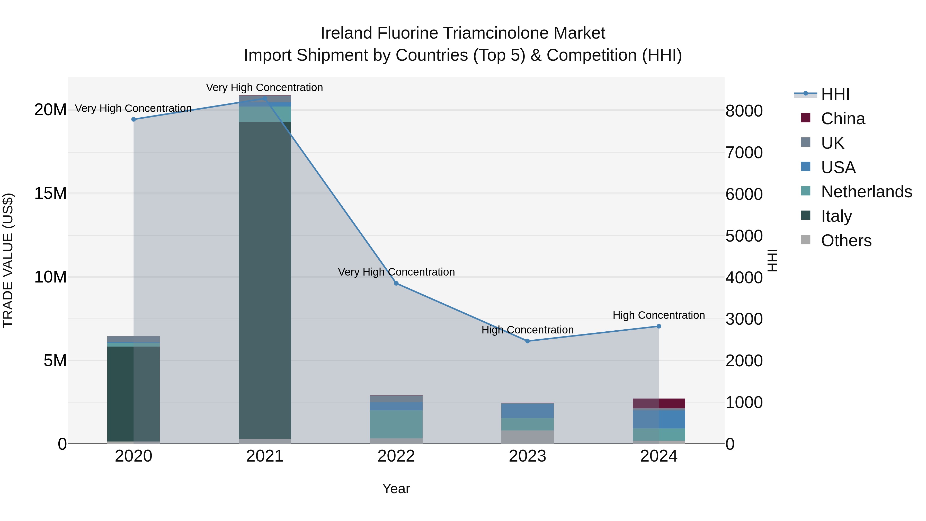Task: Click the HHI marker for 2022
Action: pyautogui.click(x=396, y=283)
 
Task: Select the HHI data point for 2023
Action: pyautogui.click(x=527, y=341)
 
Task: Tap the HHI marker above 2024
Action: pyautogui.click(x=658, y=326)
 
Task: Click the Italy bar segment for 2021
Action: pyautogui.click(x=265, y=280)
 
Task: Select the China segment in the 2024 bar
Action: pyautogui.click(x=659, y=403)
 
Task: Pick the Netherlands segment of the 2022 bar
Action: pyautogui.click(x=396, y=424)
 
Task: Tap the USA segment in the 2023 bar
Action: pyautogui.click(x=527, y=411)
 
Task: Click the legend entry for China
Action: pyautogui.click(x=843, y=119)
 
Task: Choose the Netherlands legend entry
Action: pyautogui.click(x=866, y=192)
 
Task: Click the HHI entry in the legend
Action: pyautogui.click(x=835, y=94)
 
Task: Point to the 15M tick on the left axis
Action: pyautogui.click(x=50, y=193)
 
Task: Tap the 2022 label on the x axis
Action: pyautogui.click(x=396, y=456)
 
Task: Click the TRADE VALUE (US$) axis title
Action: pyautogui.click(x=8, y=260)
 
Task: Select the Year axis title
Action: pyautogui.click(x=396, y=489)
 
